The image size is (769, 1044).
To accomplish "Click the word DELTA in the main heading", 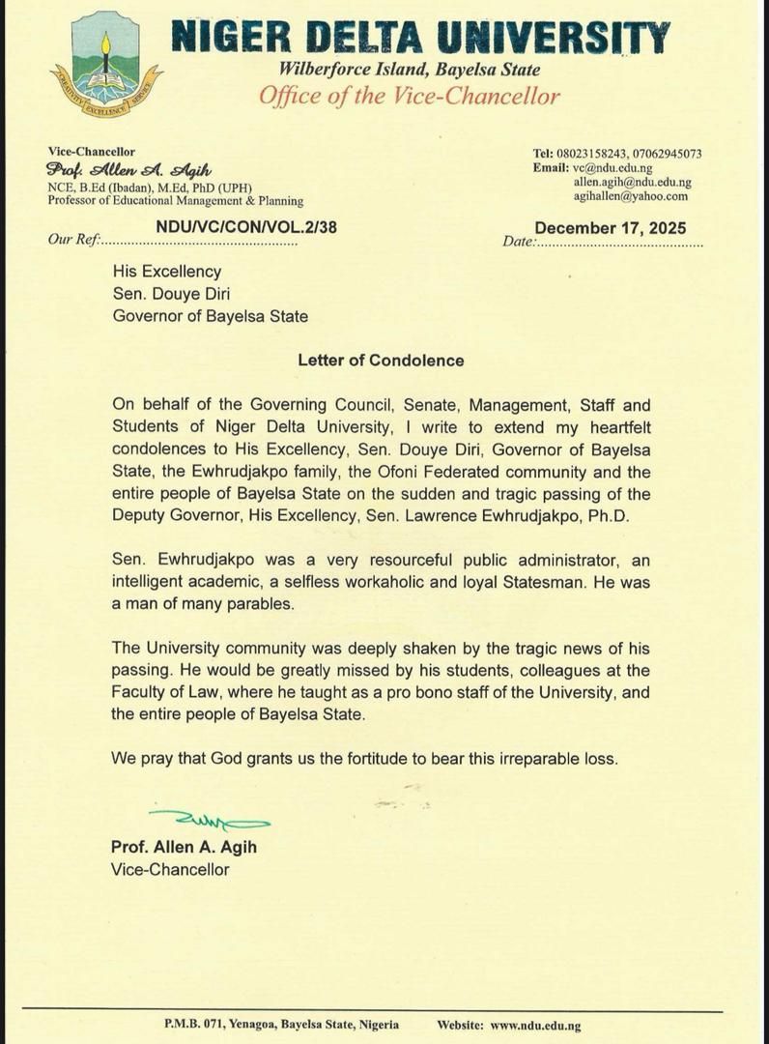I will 364,38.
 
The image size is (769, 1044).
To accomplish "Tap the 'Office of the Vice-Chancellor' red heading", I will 410,96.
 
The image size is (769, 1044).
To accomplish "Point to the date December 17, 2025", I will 611,228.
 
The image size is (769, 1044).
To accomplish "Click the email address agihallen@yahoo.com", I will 631,195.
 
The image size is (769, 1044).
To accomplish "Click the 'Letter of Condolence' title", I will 381,361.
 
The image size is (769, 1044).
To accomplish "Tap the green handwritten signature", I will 210,821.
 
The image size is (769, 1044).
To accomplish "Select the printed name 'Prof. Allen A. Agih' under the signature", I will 184,848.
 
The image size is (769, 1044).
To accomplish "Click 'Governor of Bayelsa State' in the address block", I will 211,315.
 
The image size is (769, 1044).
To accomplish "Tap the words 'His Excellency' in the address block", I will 167,272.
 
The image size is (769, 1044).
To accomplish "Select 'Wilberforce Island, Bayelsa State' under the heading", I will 410,70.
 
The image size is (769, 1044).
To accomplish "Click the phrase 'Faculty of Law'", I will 162,692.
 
